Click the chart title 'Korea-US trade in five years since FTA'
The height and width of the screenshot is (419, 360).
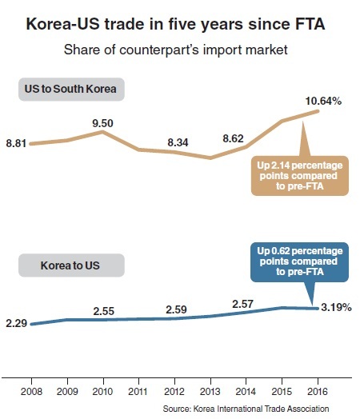point(175,24)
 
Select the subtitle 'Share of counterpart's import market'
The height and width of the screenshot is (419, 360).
point(175,50)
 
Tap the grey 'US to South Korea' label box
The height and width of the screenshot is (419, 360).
point(71,90)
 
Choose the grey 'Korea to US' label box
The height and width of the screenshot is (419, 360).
point(71,265)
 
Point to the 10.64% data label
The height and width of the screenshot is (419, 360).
point(323,102)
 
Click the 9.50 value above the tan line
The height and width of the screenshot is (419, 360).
point(103,123)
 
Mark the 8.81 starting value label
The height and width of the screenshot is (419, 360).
point(16,143)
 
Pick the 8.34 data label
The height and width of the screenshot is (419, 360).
point(178,142)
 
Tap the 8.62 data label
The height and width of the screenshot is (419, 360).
point(233,138)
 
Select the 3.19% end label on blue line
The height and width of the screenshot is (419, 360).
point(336,308)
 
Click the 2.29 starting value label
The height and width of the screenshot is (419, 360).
point(16,323)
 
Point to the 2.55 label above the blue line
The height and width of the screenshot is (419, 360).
point(104,311)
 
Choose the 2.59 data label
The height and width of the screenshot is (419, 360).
point(176,309)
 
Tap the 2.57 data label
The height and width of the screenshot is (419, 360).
point(242,304)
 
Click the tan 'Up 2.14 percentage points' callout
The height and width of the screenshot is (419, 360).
point(300,176)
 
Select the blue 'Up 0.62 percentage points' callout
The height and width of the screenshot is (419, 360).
point(299,262)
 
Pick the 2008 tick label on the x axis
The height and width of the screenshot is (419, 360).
point(31,392)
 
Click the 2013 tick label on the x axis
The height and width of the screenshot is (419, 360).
point(210,392)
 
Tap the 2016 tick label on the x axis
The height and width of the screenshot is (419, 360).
point(318,392)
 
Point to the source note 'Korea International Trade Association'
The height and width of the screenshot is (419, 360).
point(261,409)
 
